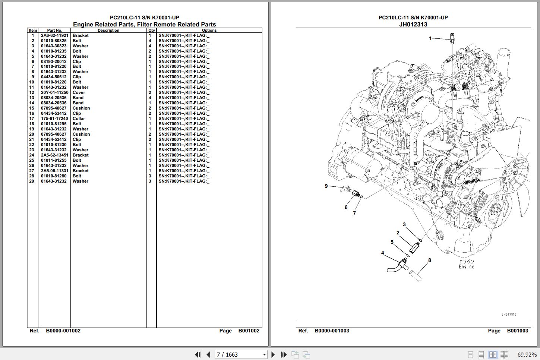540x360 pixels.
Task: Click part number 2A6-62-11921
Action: coord(54,35)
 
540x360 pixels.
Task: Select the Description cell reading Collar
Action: coord(79,119)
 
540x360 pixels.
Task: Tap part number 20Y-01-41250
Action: coord(54,92)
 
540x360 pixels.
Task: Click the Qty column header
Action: coord(151,31)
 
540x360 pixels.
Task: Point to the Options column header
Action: coord(209,31)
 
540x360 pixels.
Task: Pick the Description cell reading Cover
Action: coord(79,92)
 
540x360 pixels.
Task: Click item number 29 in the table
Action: coord(32,181)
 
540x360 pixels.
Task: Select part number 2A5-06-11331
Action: coord(54,171)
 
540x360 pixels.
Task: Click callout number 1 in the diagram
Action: coord(430,38)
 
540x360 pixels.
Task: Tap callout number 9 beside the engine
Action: coord(326,186)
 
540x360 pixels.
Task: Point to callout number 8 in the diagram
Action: coord(429,260)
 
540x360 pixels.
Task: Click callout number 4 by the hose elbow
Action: coord(383,253)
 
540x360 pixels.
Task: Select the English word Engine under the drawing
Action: coord(467,267)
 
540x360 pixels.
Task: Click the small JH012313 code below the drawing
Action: coord(509,315)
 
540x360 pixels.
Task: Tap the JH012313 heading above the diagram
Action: coord(413,24)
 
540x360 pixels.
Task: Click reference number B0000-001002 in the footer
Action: coord(63,331)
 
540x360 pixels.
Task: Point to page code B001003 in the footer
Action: coord(517,331)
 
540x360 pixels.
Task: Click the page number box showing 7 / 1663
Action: coord(241,354)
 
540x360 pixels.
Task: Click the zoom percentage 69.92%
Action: coord(527,354)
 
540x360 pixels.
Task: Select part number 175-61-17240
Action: coord(54,119)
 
